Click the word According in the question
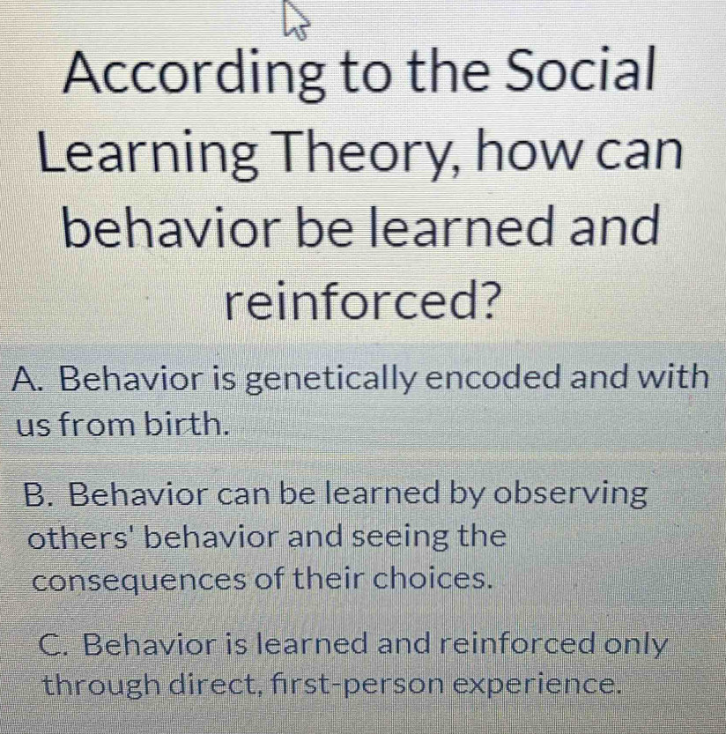pyautogui.click(x=194, y=73)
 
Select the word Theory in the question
pyautogui.click(x=367, y=152)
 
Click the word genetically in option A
pyautogui.click(x=331, y=380)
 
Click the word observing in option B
pyautogui.click(x=571, y=495)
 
